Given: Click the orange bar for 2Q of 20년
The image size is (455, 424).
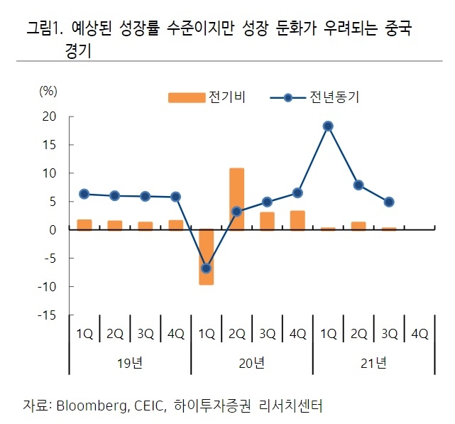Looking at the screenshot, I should point(236,199).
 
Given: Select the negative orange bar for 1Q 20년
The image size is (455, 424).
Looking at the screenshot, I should point(207,256).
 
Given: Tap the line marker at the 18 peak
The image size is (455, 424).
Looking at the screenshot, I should point(328,126).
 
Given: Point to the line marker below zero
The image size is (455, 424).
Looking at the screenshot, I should point(207,268).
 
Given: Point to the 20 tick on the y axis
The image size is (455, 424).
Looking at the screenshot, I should point(48,116).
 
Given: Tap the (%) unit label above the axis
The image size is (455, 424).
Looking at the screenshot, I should point(48,90).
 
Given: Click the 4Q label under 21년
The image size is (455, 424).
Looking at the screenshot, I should point(420,333).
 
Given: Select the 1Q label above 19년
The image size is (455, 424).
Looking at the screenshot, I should point(84,333).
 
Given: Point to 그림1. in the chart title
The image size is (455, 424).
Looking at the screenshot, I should point(44,29).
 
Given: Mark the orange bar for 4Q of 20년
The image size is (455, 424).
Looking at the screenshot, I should point(298,220).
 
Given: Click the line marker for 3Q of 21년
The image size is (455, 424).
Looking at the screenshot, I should point(389,202).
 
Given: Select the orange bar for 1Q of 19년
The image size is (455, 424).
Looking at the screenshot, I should point(84,224).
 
